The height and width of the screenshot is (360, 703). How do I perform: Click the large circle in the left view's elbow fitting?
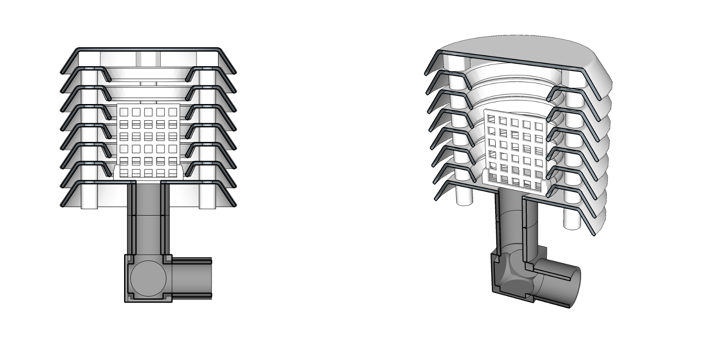[148, 278]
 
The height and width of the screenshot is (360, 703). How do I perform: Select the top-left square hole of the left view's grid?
[124, 112]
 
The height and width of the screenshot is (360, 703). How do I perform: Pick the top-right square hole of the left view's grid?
[173, 112]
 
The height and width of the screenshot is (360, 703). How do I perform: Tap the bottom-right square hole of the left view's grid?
[173, 172]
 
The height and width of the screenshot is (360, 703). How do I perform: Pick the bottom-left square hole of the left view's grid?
[124, 172]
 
